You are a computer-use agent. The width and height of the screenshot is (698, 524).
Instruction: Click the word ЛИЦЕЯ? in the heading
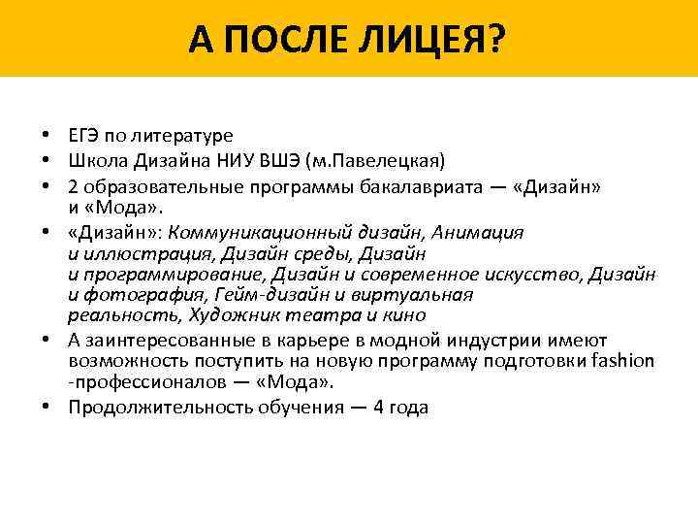(x=442, y=39)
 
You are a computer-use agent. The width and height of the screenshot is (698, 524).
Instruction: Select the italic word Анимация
(x=481, y=233)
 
